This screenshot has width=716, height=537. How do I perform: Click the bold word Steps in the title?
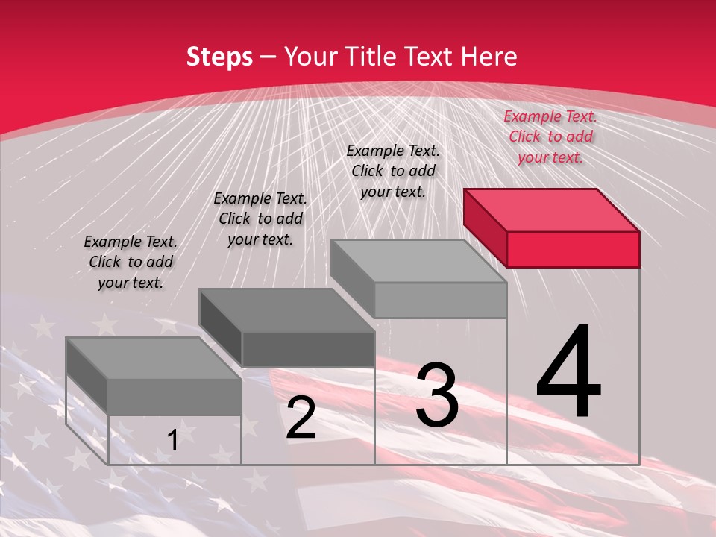pyautogui.click(x=219, y=57)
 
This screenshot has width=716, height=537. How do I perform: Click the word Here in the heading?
pyautogui.click(x=489, y=57)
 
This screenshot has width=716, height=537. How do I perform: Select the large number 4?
pyautogui.click(x=569, y=372)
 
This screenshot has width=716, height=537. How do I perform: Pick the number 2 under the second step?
pyautogui.click(x=301, y=418)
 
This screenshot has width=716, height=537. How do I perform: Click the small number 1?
pyautogui.click(x=172, y=440)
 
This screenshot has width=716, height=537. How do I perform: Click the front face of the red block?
pyautogui.click(x=573, y=249)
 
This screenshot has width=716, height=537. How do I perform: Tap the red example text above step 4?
pyautogui.click(x=550, y=136)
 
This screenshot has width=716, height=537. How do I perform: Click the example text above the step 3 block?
pyautogui.click(x=393, y=171)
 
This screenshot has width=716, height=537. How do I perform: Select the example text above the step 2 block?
pyautogui.click(x=260, y=219)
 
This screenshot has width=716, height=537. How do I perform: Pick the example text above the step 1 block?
pyautogui.click(x=131, y=262)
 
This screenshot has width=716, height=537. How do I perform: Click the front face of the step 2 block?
pyautogui.click(x=308, y=349)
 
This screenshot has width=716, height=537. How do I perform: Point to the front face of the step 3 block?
pyautogui.click(x=440, y=300)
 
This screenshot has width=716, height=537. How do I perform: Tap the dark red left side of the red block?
pyautogui.click(x=485, y=227)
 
